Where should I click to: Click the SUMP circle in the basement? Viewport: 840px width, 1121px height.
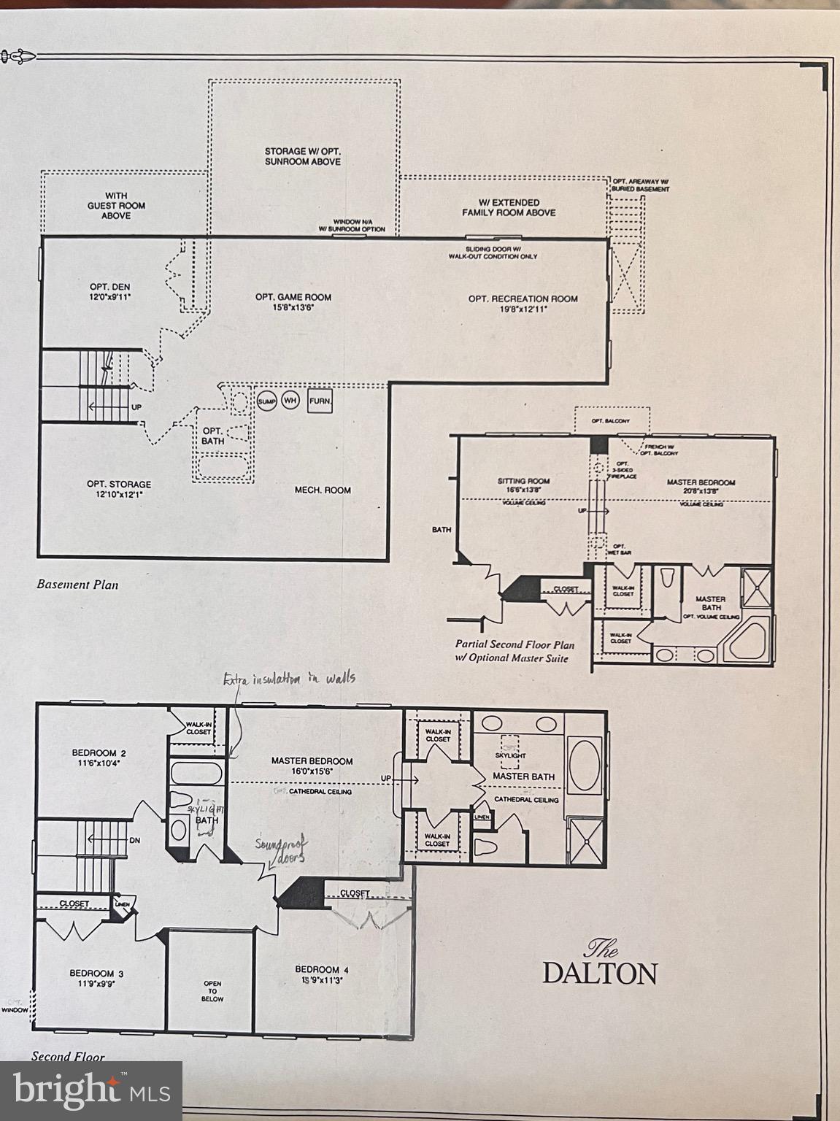[x=266, y=401]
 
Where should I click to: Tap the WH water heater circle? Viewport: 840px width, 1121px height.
[x=290, y=401]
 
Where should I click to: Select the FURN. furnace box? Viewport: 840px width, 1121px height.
[x=320, y=401]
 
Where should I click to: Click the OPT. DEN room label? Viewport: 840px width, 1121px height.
[x=110, y=291]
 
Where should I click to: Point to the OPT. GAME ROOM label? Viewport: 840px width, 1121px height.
[x=293, y=301]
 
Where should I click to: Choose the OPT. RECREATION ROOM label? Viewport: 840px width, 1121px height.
[x=523, y=303]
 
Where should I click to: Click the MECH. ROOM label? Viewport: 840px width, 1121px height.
[x=323, y=490]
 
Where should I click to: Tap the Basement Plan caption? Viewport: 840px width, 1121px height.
[x=77, y=585]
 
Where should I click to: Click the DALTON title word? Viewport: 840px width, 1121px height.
[x=599, y=973]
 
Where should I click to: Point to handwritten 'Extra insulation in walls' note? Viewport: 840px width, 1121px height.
[x=289, y=678]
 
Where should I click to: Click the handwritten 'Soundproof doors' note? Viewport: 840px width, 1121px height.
[x=281, y=851]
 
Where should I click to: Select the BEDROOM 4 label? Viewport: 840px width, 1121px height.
[x=322, y=974]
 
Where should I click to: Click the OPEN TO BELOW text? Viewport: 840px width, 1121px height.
[x=212, y=991]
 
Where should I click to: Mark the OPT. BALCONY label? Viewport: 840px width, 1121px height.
[x=610, y=420]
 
